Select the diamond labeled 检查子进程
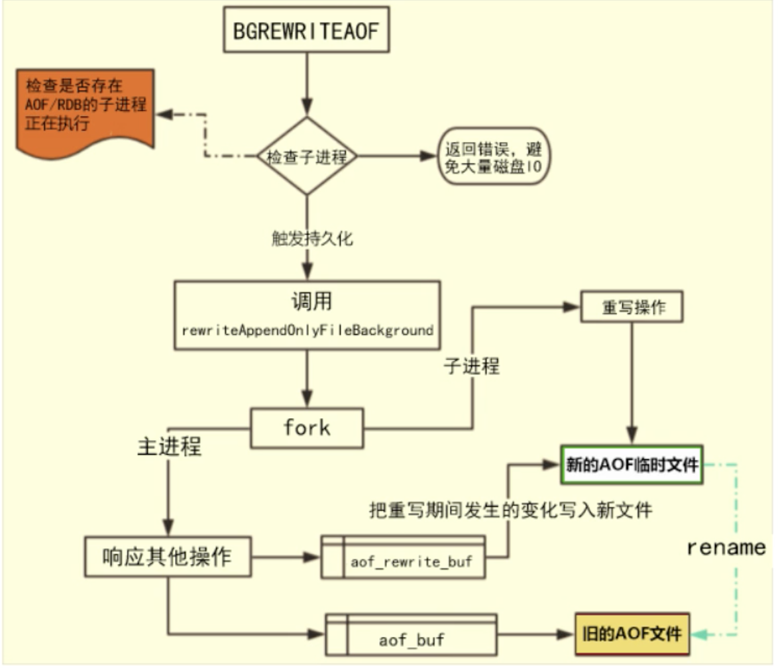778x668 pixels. [306, 157]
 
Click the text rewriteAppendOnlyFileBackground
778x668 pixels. [307, 329]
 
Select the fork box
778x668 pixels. [306, 428]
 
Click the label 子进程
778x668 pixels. [471, 366]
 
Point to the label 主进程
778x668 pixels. [169, 446]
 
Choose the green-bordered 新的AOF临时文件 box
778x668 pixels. [631, 465]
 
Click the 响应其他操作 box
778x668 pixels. [168, 557]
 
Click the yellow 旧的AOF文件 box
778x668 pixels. [631, 634]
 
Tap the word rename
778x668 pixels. [726, 547]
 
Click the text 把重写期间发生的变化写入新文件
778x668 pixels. [510, 510]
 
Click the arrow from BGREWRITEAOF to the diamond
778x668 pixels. [306, 83]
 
